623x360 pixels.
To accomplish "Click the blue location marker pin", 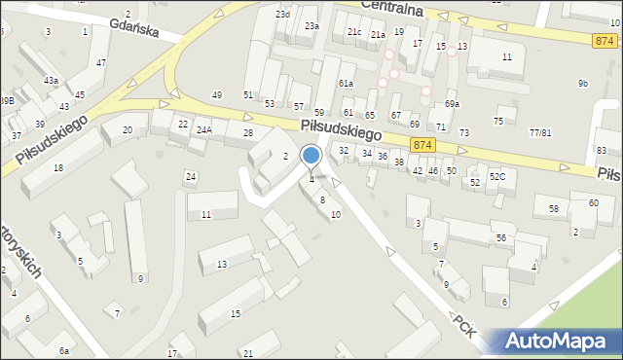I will [311, 156].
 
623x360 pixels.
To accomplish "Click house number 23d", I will [282, 15].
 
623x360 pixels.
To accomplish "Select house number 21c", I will [354, 32].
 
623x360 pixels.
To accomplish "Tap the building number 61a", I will [346, 84].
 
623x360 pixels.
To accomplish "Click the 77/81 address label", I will [540, 132].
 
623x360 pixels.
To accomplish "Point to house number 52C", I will [496, 176].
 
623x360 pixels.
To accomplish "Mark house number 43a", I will [51, 80].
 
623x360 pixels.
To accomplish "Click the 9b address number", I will [582, 84].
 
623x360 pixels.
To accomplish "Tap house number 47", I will [101, 62].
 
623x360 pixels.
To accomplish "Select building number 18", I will [58, 168].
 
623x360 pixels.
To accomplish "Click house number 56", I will [500, 238].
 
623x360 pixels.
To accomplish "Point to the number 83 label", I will [602, 150].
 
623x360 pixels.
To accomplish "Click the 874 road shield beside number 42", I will [421, 144].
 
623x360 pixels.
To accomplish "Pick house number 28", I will [248, 132].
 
